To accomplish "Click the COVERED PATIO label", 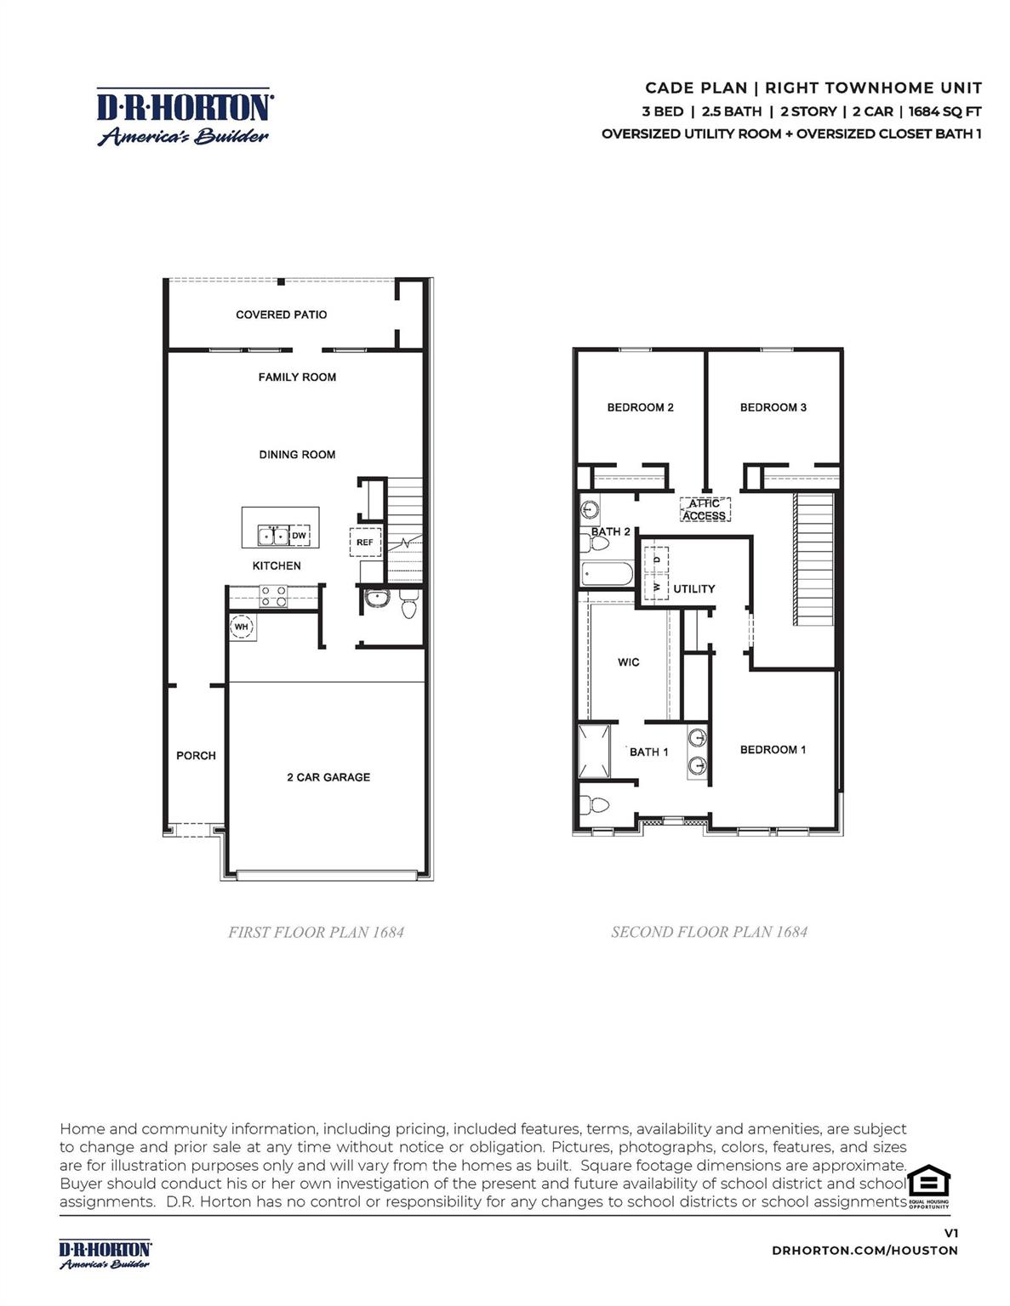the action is click(x=281, y=315).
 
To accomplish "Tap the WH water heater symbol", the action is click(x=241, y=627).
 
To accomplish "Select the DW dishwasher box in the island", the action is click(x=299, y=536).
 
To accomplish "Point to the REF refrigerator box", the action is click(x=365, y=542).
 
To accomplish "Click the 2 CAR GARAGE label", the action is click(x=328, y=777).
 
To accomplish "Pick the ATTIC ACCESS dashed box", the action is click(x=705, y=509).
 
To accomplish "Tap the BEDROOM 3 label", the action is click(x=773, y=407).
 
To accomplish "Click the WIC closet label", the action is click(x=628, y=662).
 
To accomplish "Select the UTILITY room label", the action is click(x=693, y=589).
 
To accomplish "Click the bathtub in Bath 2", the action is click(x=608, y=573).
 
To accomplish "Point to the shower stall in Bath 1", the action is click(x=595, y=752).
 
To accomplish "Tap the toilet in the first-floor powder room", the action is click(x=408, y=604).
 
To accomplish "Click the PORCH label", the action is click(x=196, y=756).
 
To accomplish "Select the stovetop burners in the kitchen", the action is click(x=273, y=596).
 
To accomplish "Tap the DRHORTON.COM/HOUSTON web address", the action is click(x=864, y=1250).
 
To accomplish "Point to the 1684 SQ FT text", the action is click(x=944, y=111).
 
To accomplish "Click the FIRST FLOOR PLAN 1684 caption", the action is click(x=316, y=932).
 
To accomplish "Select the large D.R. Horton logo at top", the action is click(x=183, y=116).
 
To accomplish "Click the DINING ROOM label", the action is click(x=297, y=454).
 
